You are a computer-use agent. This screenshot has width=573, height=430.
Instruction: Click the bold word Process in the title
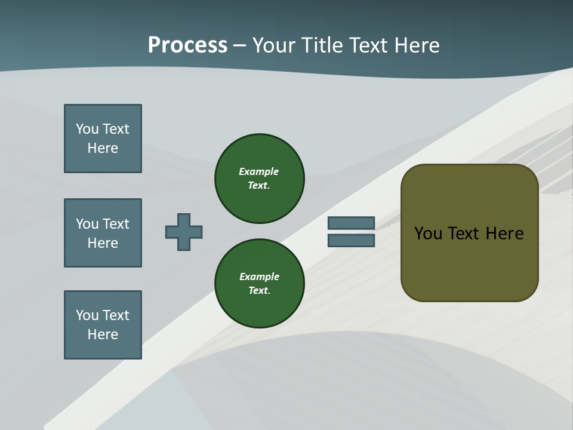point(187,45)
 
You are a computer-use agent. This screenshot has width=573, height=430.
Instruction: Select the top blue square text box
point(103,139)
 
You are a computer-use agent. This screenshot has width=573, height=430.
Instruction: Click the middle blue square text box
point(103,233)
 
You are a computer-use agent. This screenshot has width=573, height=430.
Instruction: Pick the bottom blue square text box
point(103,325)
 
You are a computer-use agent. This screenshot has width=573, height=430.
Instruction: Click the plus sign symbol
point(184,232)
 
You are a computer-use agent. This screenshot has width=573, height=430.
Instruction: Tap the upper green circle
point(260,178)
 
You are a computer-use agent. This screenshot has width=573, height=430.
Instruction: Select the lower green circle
point(260,283)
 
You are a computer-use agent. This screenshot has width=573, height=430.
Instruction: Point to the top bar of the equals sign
point(352,223)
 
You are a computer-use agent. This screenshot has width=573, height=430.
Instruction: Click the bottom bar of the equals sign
point(352,240)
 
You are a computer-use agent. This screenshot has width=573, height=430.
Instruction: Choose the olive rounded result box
point(469,233)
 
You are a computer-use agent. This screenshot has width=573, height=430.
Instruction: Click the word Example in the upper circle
point(259,171)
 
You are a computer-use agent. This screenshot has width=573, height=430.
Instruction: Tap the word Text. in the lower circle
point(259,290)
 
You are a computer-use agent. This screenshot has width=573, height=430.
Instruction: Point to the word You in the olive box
point(428,234)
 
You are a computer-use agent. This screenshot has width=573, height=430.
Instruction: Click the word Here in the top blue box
point(103,148)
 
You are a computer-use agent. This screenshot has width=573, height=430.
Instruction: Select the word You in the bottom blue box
point(87,315)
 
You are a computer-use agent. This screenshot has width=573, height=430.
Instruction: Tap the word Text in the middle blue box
point(116,224)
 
